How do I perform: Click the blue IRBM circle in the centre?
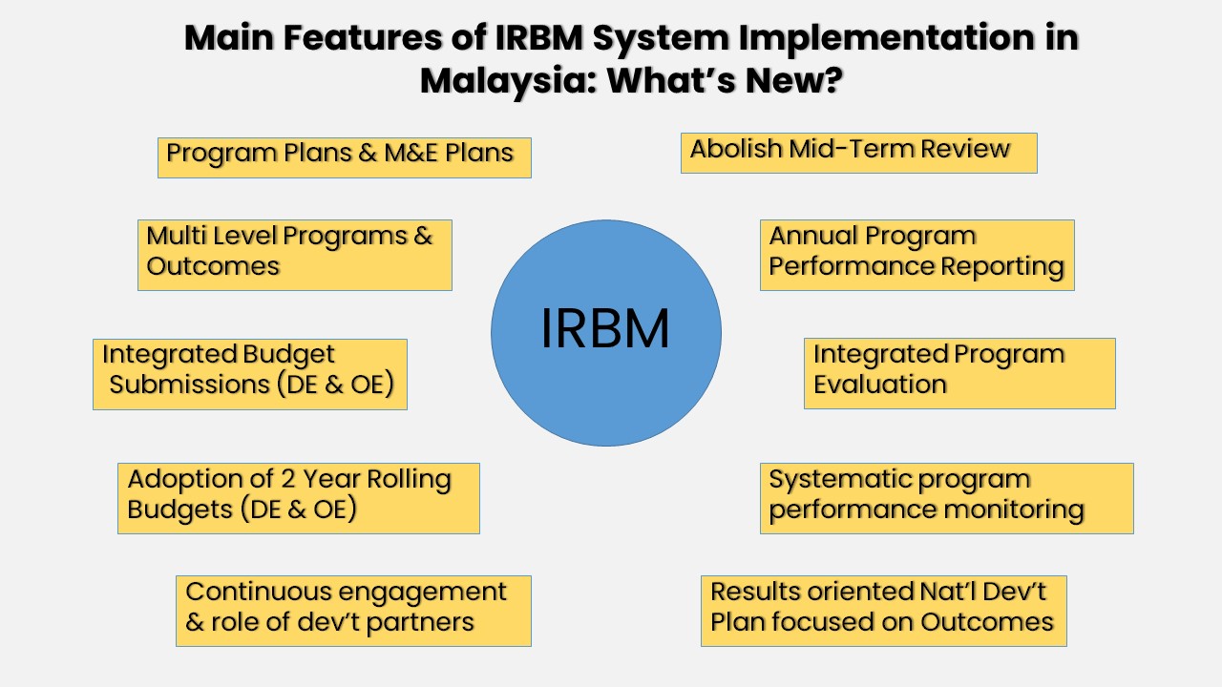[605, 332]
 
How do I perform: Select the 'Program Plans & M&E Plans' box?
[344, 156]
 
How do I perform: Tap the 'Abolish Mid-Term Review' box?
[858, 153]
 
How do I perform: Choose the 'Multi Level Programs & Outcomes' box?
[294, 255]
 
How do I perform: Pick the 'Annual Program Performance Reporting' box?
[916, 255]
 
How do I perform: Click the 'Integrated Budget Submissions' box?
[250, 374]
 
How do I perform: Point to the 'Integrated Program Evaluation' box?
[959, 373]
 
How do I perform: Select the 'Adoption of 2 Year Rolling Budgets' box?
[298, 498]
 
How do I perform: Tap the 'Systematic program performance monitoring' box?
[946, 498]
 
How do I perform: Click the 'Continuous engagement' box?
[353, 611]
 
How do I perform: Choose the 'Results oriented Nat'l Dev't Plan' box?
[883, 611]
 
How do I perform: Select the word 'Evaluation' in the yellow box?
[880, 385]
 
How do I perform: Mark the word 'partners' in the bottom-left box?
[422, 622]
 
